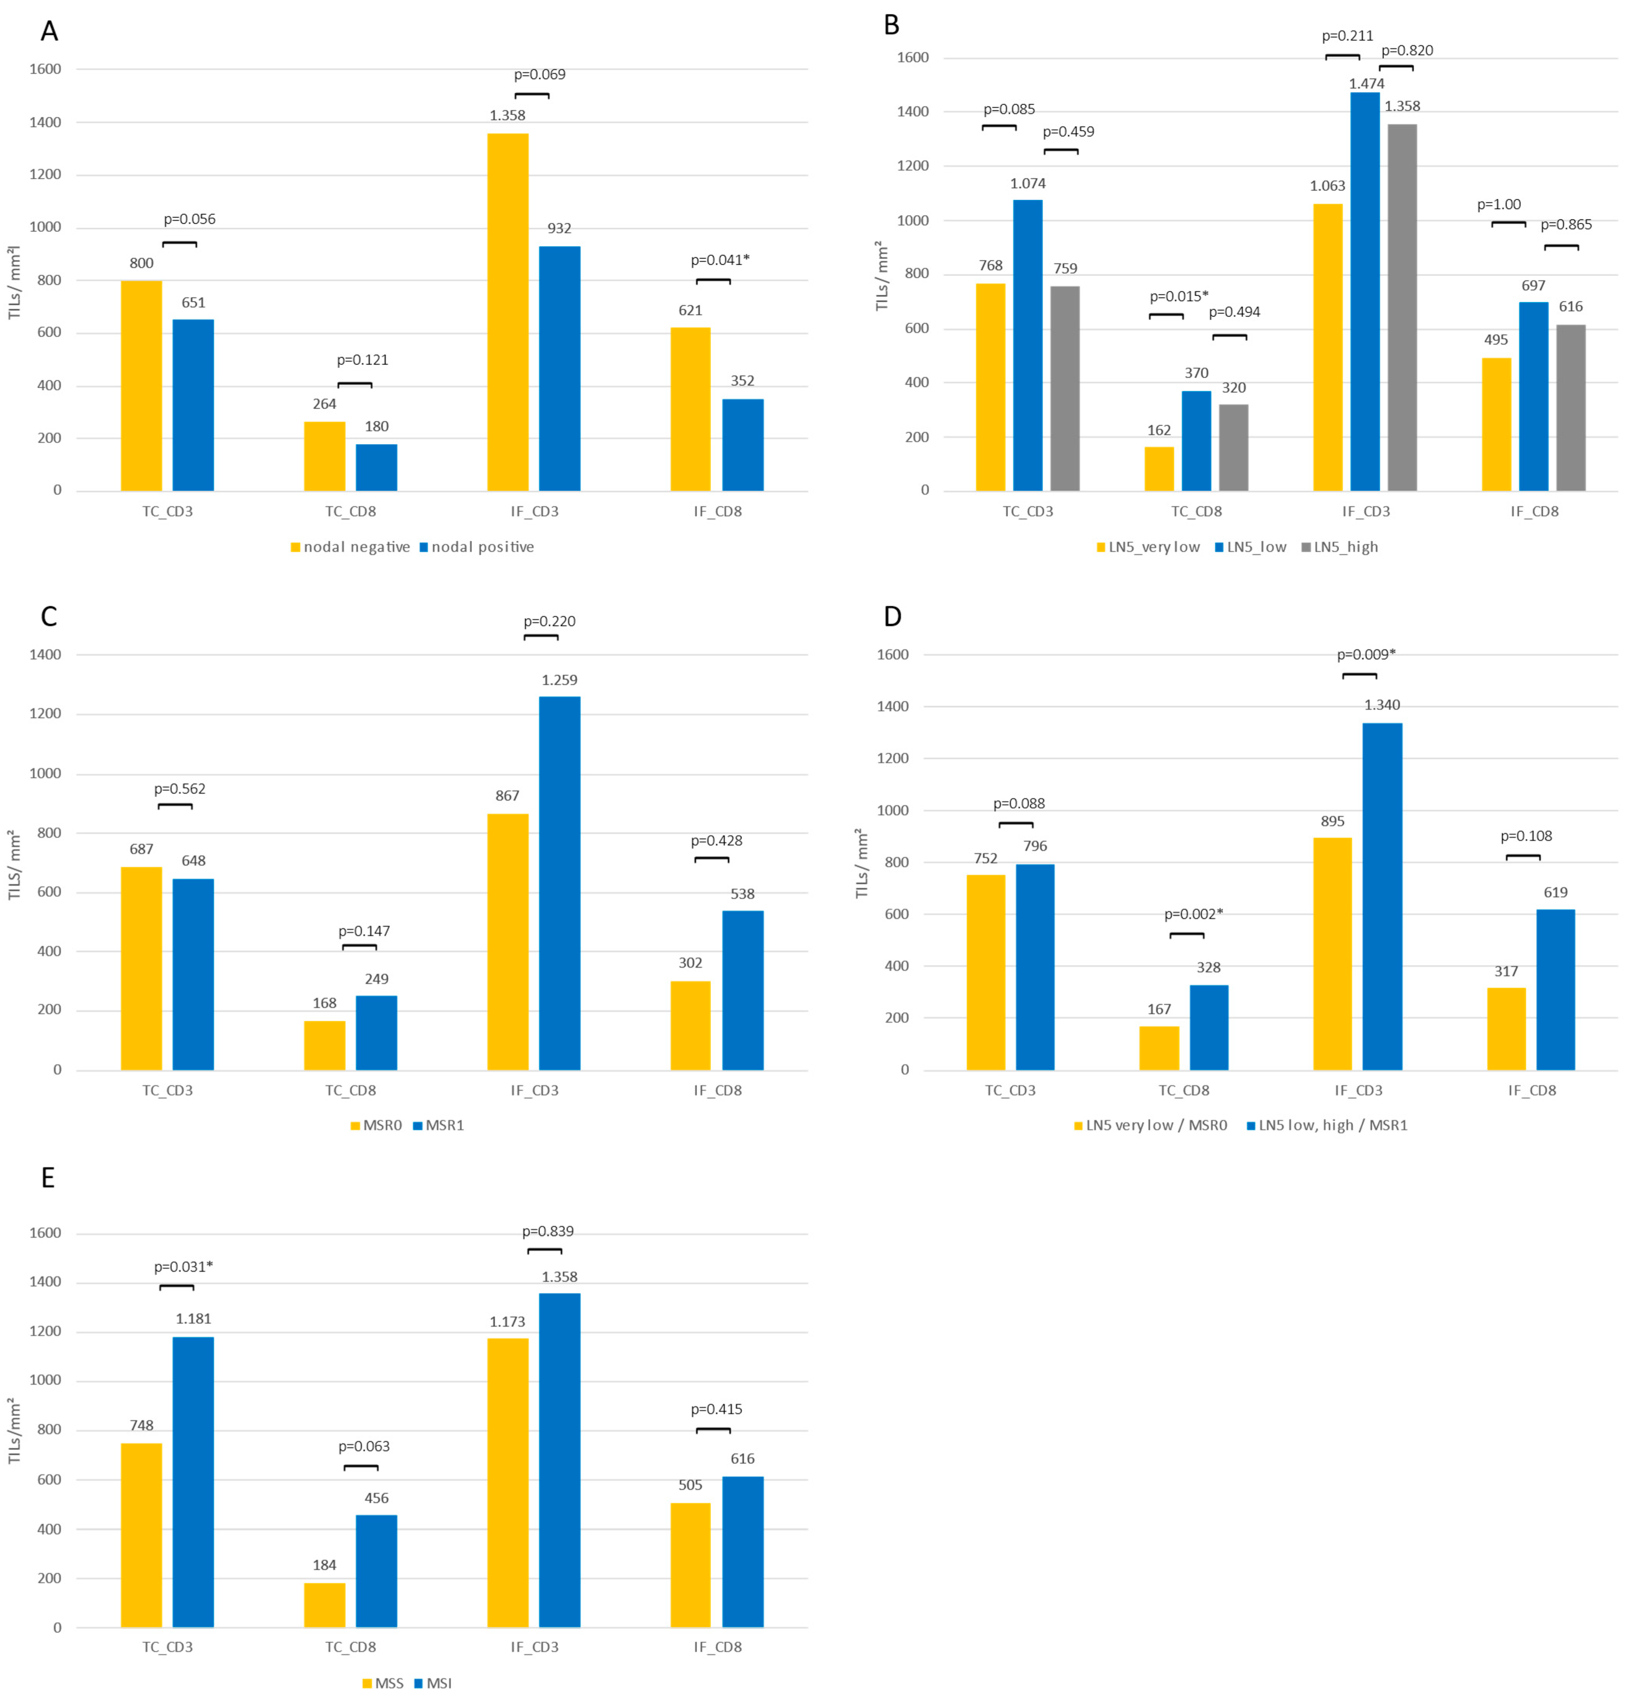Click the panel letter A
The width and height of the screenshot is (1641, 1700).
click(50, 31)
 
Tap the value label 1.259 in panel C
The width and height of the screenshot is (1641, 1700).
click(559, 680)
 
